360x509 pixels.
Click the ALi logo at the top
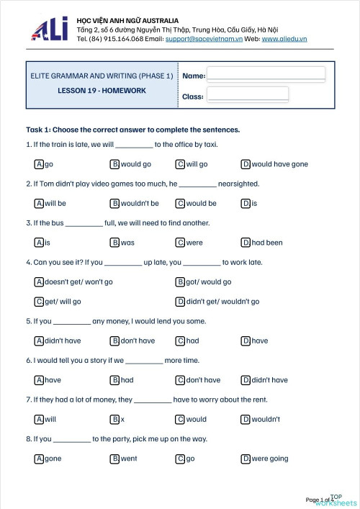point(50,29)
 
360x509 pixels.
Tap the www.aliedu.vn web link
point(284,38)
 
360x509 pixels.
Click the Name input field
point(266,75)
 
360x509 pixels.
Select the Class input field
point(248,95)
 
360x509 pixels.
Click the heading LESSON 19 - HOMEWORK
point(102,91)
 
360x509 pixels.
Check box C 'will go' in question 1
point(180,164)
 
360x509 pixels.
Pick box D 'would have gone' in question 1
point(246,164)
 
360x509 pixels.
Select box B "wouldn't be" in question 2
point(114,204)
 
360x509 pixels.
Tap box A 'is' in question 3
point(39,243)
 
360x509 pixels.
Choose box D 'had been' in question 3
point(246,243)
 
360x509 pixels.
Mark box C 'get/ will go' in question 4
point(39,302)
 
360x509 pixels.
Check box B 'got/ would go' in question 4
point(180,282)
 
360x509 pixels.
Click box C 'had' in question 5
point(180,341)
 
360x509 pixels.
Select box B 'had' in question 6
point(114,380)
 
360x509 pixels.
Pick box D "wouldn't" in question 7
point(246,419)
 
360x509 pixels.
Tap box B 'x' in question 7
point(114,419)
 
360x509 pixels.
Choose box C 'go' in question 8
point(180,459)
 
